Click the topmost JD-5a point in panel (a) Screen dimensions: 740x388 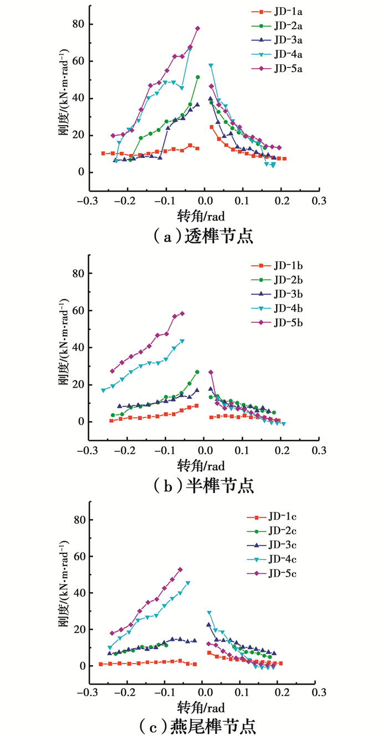(197, 28)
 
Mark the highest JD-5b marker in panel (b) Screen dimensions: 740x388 (182, 314)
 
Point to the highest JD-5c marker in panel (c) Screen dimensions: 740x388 (180, 569)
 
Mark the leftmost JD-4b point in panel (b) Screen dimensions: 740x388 (103, 390)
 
